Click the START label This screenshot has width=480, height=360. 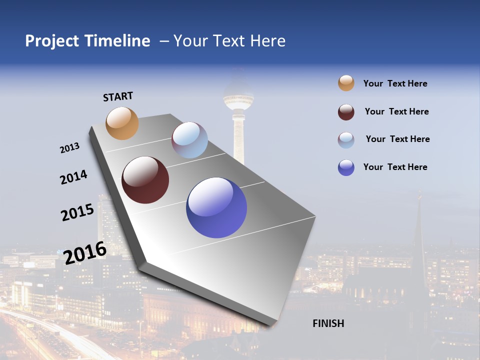pyautogui.click(x=118, y=96)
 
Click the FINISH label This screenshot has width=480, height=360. pyautogui.click(x=328, y=323)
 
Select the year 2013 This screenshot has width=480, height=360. pyautogui.click(x=69, y=148)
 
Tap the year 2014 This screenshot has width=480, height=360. pyautogui.click(x=73, y=177)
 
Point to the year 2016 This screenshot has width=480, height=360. pyautogui.click(x=85, y=252)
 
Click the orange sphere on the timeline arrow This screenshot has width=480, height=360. pyautogui.click(x=122, y=123)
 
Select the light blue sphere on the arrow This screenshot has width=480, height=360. pyautogui.click(x=189, y=140)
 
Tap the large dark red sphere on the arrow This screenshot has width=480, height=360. pyautogui.click(x=145, y=180)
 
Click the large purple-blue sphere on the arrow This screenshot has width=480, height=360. pyautogui.click(x=216, y=207)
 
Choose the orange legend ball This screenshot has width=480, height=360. pyautogui.click(x=346, y=83)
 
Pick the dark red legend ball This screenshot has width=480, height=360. pyautogui.click(x=346, y=112)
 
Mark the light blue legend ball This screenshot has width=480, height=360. pyautogui.click(x=346, y=140)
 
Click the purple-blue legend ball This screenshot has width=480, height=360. pyautogui.click(x=346, y=167)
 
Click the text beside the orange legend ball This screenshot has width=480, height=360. pyautogui.click(x=395, y=83)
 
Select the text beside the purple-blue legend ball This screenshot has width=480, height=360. pyautogui.click(x=395, y=167)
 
